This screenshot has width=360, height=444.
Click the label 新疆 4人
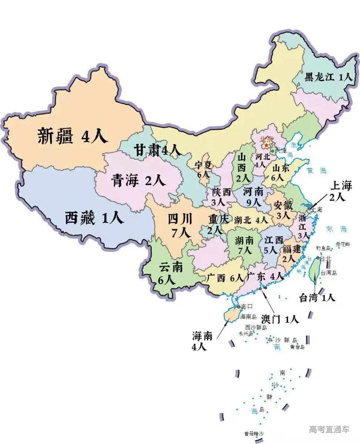click(x=73, y=136)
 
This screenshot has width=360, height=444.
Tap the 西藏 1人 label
click(x=94, y=218)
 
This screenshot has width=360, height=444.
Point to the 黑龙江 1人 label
click(x=329, y=77)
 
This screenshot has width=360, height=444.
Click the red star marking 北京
click(x=266, y=146)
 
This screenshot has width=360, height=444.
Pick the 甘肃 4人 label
click(x=157, y=150)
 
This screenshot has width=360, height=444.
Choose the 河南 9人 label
click(x=253, y=197)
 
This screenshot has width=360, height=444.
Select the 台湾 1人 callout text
click(x=317, y=297)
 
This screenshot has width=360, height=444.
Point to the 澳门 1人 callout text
click(x=280, y=319)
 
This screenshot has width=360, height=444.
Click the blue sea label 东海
click(x=337, y=229)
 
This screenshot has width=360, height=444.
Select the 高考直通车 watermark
click(x=329, y=429)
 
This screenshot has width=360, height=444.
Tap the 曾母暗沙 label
click(x=254, y=434)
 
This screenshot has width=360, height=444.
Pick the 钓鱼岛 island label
click(x=323, y=248)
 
